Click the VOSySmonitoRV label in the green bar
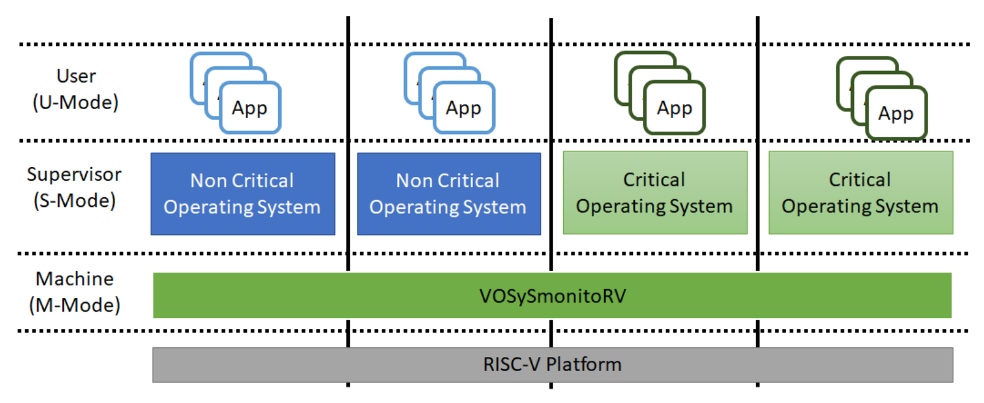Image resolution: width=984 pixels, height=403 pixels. click(x=552, y=296)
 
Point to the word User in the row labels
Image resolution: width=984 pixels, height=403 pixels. click(x=76, y=76)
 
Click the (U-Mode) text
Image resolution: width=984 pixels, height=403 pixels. click(x=75, y=102)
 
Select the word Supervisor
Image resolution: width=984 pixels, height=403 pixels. click(x=74, y=175)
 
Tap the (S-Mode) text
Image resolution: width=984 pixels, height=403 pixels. click(x=74, y=201)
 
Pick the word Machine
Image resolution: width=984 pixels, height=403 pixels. click(x=75, y=279)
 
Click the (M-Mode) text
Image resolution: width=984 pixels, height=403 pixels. click(x=75, y=305)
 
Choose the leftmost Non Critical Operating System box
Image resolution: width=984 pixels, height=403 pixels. click(x=243, y=194)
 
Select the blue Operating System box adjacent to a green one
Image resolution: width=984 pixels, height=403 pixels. click(x=448, y=194)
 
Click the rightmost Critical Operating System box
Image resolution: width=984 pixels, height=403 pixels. click(x=860, y=193)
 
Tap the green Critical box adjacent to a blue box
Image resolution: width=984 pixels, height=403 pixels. click(x=654, y=193)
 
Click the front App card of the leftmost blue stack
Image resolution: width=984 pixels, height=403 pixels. click(x=249, y=108)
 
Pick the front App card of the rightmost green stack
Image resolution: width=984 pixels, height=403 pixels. click(x=896, y=113)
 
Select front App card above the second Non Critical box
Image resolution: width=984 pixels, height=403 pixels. click(x=463, y=108)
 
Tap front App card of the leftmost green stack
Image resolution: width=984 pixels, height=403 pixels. click(x=674, y=108)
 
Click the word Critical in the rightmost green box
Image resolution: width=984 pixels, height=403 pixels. click(x=860, y=179)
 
